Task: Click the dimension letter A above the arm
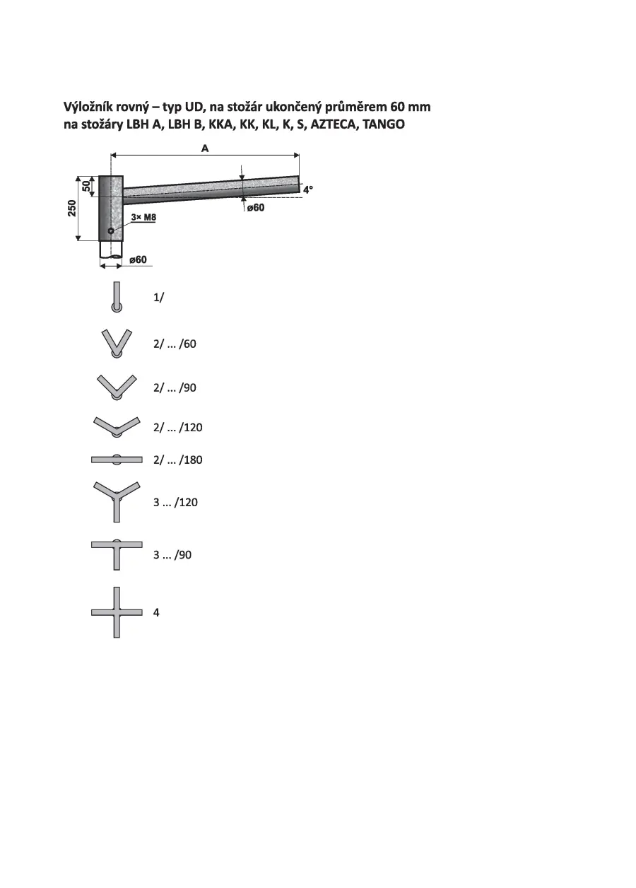(x=204, y=148)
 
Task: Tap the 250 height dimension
(x=71, y=208)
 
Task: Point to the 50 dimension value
(x=86, y=186)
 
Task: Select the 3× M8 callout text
(x=143, y=217)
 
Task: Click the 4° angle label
(x=308, y=189)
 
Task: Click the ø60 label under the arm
(x=256, y=207)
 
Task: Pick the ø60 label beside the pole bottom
(x=138, y=259)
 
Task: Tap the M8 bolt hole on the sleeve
(x=111, y=230)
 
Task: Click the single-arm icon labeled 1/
(x=117, y=298)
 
